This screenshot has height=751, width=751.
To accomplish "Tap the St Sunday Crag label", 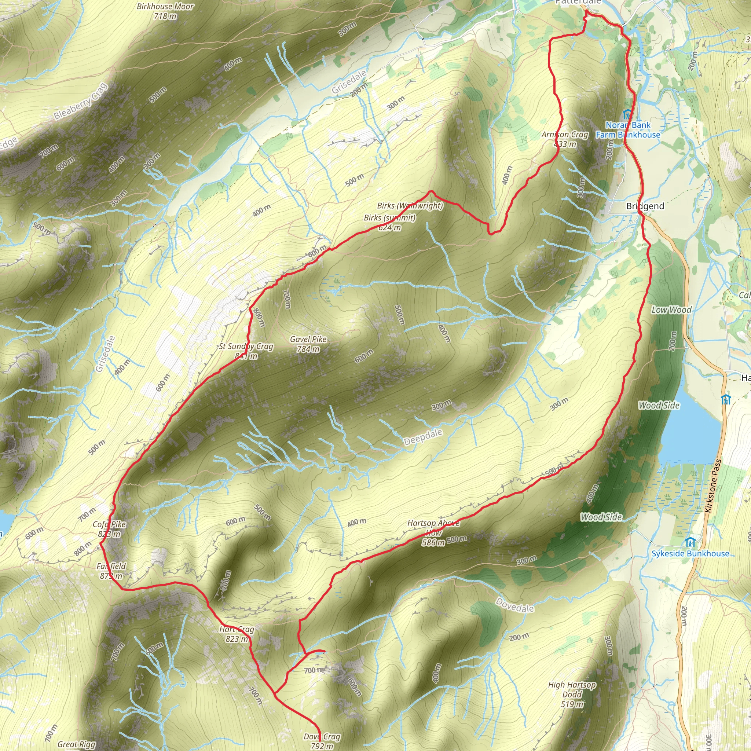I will tap(246, 351).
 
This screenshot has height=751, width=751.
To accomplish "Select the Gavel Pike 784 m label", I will tap(308, 344).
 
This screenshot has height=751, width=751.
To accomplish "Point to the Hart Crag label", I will tap(237, 634).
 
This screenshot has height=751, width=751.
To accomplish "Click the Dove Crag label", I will tap(322, 741).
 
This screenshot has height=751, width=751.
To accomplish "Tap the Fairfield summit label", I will tap(111, 571).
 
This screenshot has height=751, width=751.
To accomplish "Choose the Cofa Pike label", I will tap(109, 529).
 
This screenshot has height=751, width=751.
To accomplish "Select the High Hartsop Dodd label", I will tap(572, 694).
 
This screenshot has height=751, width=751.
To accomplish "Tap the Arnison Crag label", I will tap(565, 139).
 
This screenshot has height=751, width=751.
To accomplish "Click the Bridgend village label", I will tap(645, 206).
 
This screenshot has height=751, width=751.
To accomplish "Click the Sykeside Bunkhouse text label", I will tap(690, 553).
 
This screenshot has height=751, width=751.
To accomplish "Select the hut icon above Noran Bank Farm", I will tap(627, 115).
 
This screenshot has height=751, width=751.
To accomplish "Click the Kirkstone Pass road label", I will tap(712, 486).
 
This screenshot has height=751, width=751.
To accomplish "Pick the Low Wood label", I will tap(672, 310).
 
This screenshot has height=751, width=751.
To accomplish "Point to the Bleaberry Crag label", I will tap(80, 102).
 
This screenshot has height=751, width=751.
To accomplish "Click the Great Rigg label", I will tap(76, 744).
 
